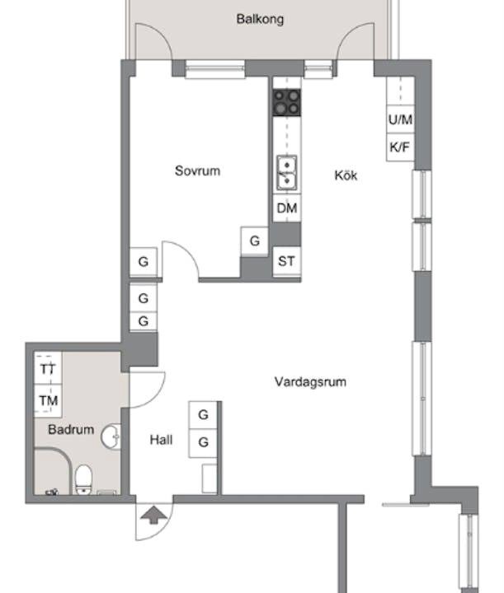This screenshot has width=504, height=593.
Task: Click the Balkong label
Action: point(260,19)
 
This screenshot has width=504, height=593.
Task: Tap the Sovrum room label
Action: point(197,170)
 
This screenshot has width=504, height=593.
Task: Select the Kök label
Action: point(346,175)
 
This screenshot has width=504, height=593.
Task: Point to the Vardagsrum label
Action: point(310,381)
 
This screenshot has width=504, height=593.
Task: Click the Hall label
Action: point(161,440)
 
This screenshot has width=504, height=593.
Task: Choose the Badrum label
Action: point(71,429)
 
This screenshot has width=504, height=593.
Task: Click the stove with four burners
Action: point(287,102)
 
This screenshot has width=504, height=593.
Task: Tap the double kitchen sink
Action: point(287,173)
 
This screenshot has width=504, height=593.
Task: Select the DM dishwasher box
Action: point(287,208)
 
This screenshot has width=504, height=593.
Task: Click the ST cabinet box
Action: point(287,261)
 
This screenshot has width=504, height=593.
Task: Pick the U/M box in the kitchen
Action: point(400,119)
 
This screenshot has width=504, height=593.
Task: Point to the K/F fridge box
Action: point(400,147)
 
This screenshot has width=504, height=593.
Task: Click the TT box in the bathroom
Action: point(48,368)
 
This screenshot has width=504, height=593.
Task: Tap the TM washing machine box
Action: point(48,400)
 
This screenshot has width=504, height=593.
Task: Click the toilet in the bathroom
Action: point(83,479)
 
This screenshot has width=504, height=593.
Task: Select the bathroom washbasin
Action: point(111,437)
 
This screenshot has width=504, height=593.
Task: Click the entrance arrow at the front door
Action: point(153,516)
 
